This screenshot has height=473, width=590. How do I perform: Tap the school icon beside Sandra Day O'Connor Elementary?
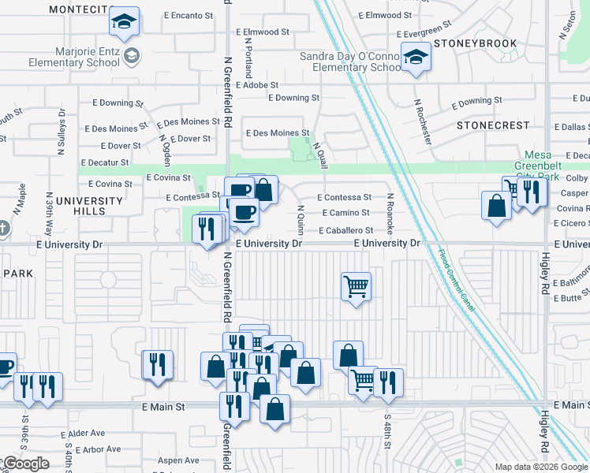point(415,56)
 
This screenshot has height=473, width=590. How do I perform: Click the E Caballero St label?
point(345,230)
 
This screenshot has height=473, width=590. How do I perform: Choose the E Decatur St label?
point(103,162)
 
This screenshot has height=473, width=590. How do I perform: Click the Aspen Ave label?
point(178,460)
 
